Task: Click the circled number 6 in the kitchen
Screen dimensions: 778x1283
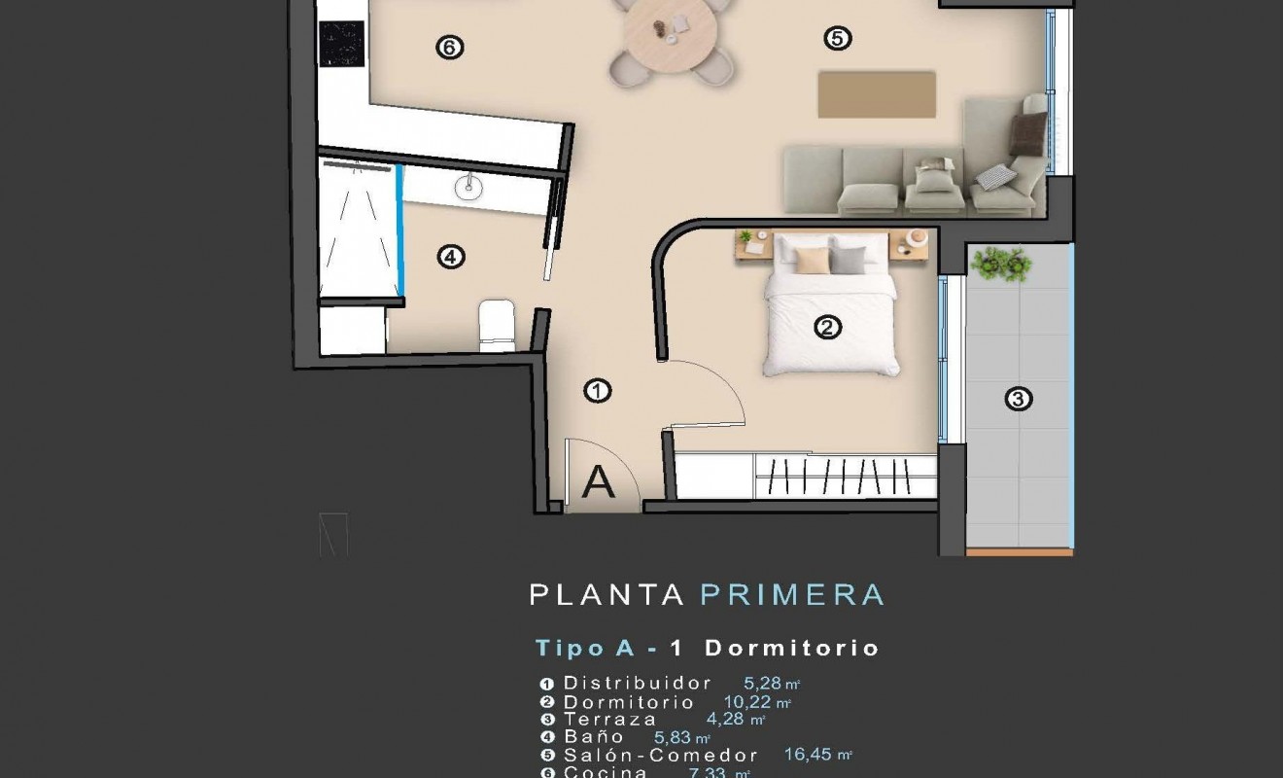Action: [x=448, y=47]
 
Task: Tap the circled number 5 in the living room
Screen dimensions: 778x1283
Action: [x=837, y=39]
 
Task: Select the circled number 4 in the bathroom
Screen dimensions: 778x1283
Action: [x=451, y=258]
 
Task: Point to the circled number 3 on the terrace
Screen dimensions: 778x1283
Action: [x=1018, y=399]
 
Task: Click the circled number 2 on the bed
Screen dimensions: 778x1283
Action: [x=827, y=328]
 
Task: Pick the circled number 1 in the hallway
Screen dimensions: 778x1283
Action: [x=597, y=392]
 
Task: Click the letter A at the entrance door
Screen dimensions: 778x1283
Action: [x=599, y=482]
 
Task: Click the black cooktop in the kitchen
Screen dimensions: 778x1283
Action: [x=341, y=44]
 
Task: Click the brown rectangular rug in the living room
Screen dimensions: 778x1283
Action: [x=877, y=94]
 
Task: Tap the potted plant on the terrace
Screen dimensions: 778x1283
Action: [x=1000, y=263]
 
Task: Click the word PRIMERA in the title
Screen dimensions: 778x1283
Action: [x=792, y=594]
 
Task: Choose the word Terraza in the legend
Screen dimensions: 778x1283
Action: [x=610, y=720]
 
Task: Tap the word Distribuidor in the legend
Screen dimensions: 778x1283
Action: [x=638, y=684]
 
